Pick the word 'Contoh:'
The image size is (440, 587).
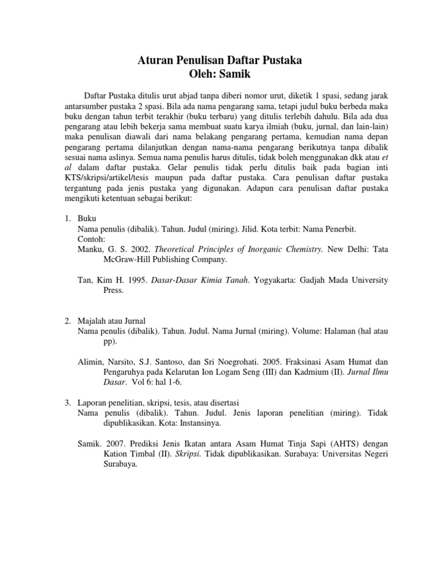coord(92,238)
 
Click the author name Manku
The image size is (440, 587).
coord(91,249)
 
